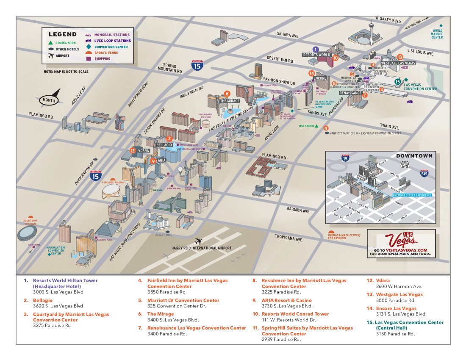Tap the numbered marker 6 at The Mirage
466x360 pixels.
point(227,94)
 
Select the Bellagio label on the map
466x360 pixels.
point(164,145)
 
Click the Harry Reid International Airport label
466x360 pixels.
point(202,248)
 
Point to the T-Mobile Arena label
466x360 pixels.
point(113,182)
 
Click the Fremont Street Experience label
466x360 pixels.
point(412,195)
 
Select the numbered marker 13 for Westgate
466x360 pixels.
point(399,57)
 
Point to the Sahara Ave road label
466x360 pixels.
point(288,35)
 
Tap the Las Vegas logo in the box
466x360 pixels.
point(401,240)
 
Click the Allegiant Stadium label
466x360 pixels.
point(30,222)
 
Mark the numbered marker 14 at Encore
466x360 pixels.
point(312,73)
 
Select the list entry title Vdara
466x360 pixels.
point(383,280)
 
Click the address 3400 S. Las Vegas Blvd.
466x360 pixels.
point(173,320)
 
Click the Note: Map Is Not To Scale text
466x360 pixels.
point(66,72)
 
